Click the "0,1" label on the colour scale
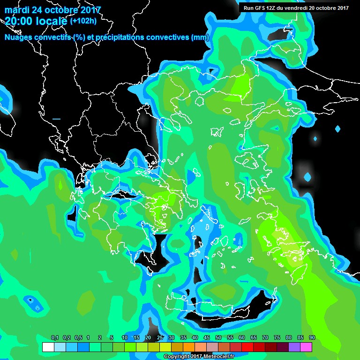[54, 338]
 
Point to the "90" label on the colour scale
[312, 338]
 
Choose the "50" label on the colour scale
[218, 338]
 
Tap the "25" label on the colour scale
[159, 338]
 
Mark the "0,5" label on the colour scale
[78, 338]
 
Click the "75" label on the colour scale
[277, 338]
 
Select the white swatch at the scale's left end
[48, 347]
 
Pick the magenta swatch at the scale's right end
[306, 347]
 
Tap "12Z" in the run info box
[273, 8]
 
